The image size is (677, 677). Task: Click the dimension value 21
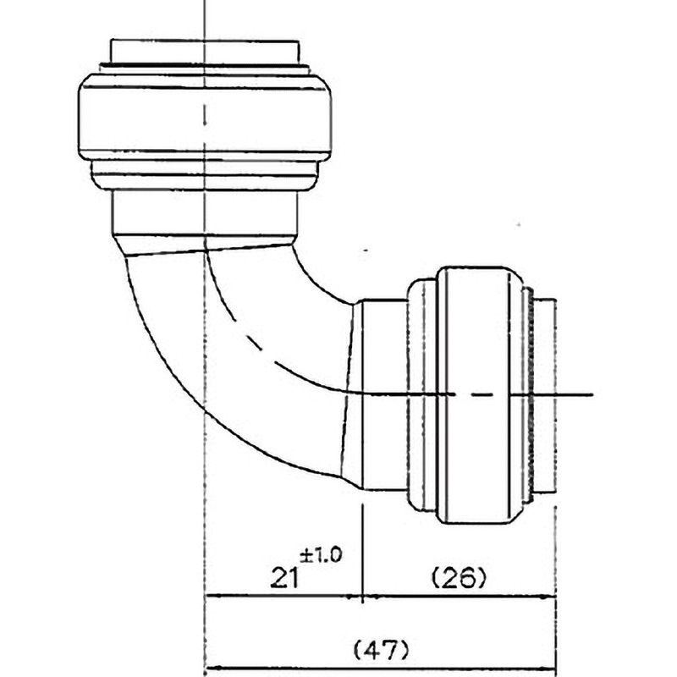(x=284, y=578)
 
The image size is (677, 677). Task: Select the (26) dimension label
(x=459, y=578)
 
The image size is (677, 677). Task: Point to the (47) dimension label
(x=380, y=650)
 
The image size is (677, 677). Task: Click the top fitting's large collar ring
(x=205, y=119)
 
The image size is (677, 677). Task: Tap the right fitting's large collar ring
(x=478, y=395)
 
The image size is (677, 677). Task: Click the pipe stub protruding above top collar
(x=204, y=52)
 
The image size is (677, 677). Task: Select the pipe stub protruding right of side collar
(x=545, y=395)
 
